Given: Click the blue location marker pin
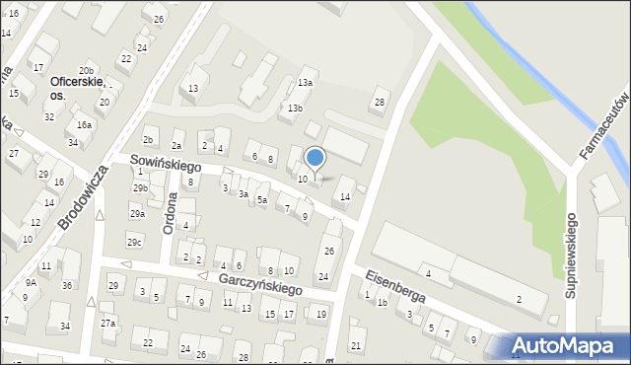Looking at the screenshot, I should click(315, 158).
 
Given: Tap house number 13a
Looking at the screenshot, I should click(306, 83).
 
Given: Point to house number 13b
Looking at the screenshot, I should click(295, 108).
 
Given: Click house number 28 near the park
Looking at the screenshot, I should click(379, 103).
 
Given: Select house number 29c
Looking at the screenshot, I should click(134, 242).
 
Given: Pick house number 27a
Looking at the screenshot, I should click(107, 323).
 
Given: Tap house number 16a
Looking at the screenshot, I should click(85, 124).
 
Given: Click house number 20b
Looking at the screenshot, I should click(87, 71).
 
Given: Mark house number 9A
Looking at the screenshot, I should click(32, 282).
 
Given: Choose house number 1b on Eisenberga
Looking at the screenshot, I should click(382, 302).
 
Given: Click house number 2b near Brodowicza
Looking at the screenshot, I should click(148, 141).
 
